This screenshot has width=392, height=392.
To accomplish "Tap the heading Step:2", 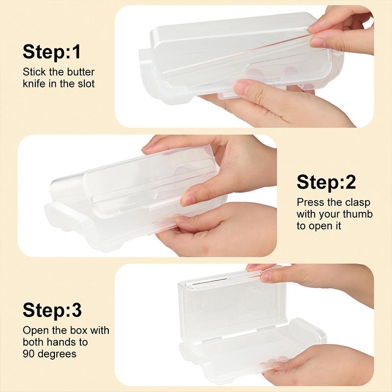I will coord(326,182).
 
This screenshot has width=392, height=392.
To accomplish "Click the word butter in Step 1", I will coord(80,72).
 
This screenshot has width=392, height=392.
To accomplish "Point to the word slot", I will coord(84,83).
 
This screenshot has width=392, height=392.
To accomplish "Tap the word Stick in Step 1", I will coord(34,72).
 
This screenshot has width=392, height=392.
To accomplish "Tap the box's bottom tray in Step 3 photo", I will coord(245,348).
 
